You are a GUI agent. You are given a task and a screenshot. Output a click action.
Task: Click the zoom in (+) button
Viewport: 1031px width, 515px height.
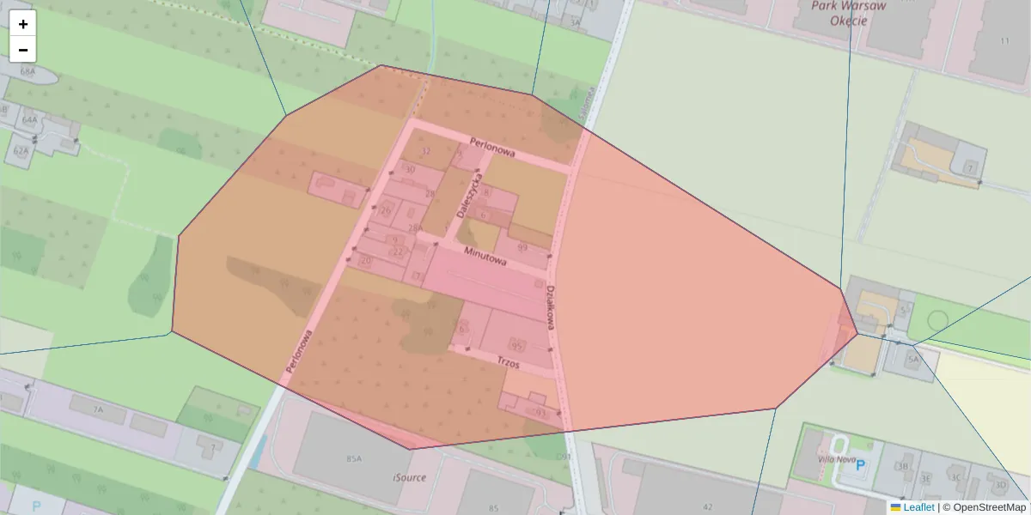(23, 24)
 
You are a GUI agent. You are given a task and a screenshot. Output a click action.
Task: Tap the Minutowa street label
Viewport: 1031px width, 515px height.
(485, 255)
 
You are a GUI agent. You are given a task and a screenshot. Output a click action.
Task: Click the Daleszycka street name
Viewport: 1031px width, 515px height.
(469, 192)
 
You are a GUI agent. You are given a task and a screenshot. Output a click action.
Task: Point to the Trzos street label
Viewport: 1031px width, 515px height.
(509, 363)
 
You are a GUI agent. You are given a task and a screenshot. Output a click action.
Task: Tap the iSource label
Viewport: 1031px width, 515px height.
(409, 477)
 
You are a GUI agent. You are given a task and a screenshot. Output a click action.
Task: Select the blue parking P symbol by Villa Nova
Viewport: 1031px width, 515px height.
(862, 464)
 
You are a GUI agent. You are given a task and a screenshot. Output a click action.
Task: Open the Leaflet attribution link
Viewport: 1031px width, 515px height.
(918, 507)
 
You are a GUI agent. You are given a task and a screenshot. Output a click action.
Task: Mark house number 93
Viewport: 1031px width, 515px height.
(540, 413)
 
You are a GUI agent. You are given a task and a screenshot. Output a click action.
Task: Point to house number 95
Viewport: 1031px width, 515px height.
(517, 344)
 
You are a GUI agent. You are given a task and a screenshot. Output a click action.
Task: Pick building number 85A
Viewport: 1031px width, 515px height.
(354, 459)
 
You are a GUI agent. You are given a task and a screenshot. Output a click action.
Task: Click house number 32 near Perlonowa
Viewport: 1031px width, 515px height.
(424, 152)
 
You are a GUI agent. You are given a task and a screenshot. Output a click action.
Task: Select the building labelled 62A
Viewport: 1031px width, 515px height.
(21, 150)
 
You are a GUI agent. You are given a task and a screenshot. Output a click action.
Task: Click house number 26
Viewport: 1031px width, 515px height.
(386, 210)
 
